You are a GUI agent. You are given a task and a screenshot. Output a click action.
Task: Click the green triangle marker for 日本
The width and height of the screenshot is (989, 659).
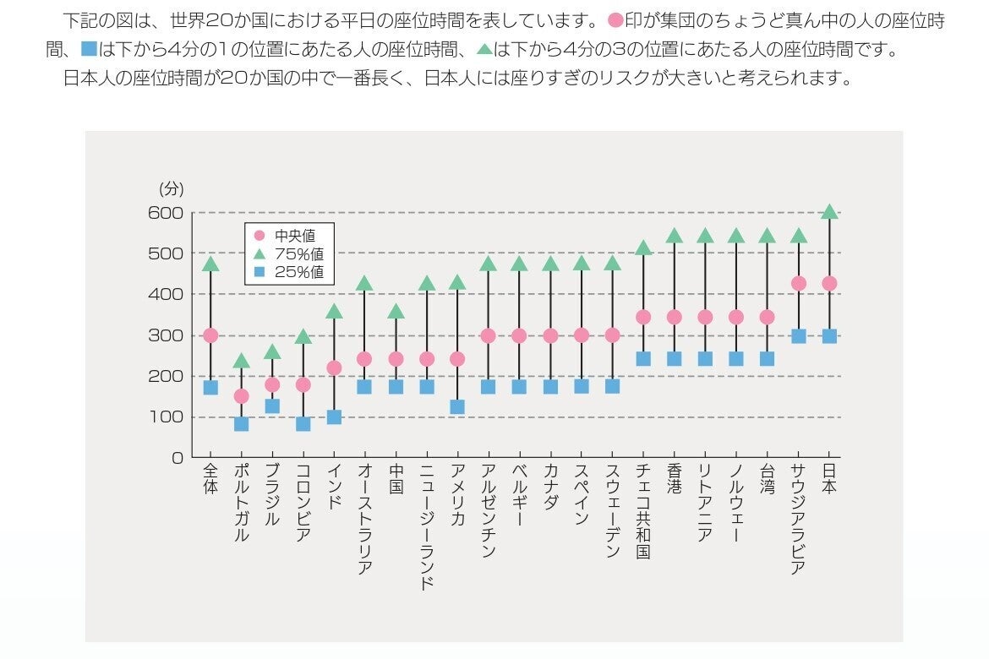(x=829, y=211)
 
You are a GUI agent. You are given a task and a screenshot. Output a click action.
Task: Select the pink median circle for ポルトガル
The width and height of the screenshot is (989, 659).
(x=241, y=395)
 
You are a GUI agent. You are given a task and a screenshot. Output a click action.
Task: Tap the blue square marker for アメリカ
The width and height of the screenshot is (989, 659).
(x=457, y=406)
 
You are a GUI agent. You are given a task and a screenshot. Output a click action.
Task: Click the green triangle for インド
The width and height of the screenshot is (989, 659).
(x=334, y=312)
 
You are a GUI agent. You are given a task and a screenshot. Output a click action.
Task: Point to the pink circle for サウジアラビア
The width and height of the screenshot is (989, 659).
(x=798, y=283)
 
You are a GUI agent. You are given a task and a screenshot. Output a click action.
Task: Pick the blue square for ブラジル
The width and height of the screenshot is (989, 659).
(x=272, y=406)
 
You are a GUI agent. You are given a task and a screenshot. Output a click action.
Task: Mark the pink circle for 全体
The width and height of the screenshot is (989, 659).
(x=210, y=335)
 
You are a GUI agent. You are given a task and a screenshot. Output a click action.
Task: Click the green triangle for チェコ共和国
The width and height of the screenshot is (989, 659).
(x=643, y=248)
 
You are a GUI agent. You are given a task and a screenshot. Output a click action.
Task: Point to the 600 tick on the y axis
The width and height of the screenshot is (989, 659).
(x=166, y=213)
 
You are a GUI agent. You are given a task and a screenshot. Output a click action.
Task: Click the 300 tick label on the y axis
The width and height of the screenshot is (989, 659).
(x=166, y=335)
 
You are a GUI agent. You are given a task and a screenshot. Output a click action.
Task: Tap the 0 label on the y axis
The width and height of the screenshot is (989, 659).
(x=177, y=458)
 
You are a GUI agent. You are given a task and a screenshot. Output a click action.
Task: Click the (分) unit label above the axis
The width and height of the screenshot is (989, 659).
(x=171, y=189)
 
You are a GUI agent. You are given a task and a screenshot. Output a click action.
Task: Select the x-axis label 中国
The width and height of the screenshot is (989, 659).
(x=396, y=478)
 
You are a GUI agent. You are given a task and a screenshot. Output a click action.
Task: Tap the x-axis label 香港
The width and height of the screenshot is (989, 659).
(x=675, y=478)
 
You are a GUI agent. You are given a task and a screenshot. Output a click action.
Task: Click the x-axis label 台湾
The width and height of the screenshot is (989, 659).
(x=768, y=478)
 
